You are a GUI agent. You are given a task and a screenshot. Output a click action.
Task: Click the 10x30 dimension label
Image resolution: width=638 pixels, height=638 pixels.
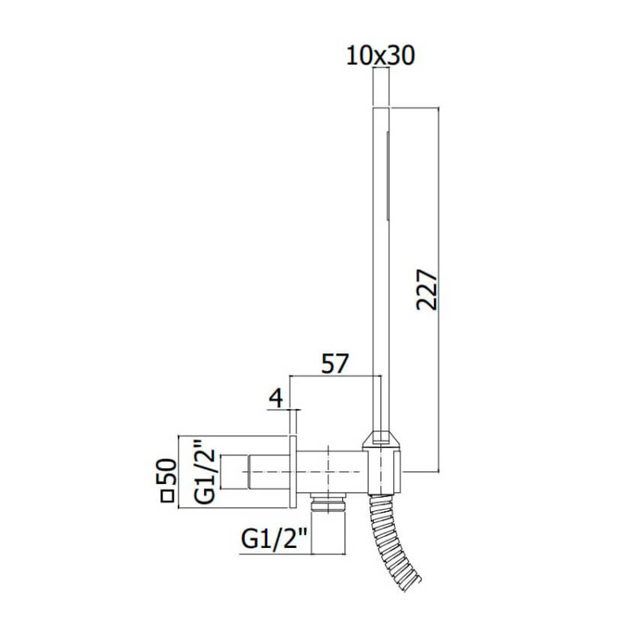coord(380,56)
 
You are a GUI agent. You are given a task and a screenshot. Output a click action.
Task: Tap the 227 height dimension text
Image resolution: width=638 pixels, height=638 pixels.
coord(427,289)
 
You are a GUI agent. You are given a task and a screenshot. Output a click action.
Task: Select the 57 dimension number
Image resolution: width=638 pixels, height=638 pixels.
coord(335,364)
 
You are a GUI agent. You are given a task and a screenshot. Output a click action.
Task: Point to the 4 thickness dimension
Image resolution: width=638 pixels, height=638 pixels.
coord(276,398)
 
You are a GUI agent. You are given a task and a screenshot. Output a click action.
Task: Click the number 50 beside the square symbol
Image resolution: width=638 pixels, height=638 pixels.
coord(167,471)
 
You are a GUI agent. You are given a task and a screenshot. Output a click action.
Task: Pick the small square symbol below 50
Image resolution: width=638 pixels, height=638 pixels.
coord(167,496)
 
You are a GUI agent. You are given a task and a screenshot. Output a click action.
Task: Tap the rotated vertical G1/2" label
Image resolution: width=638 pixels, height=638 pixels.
coord(204,471)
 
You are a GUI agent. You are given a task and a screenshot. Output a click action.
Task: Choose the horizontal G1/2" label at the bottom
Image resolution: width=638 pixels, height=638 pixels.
coord(274,540)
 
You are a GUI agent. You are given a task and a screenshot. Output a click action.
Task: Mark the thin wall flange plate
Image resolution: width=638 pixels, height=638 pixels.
coord(293,471)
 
